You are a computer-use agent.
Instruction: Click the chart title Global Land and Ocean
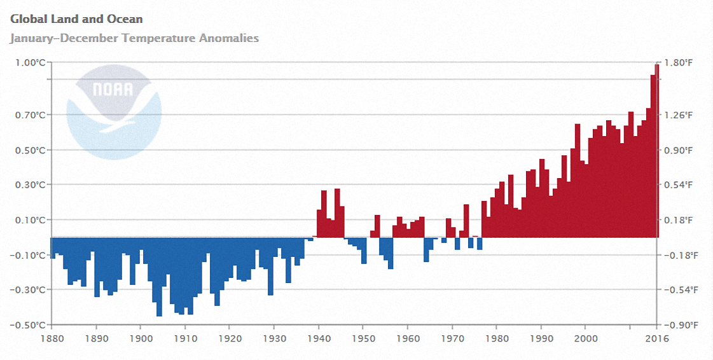point(76,20)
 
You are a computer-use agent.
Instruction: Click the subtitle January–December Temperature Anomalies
point(134,38)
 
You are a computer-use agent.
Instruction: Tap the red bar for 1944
point(337,213)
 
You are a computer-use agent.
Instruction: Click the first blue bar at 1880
point(53,248)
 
